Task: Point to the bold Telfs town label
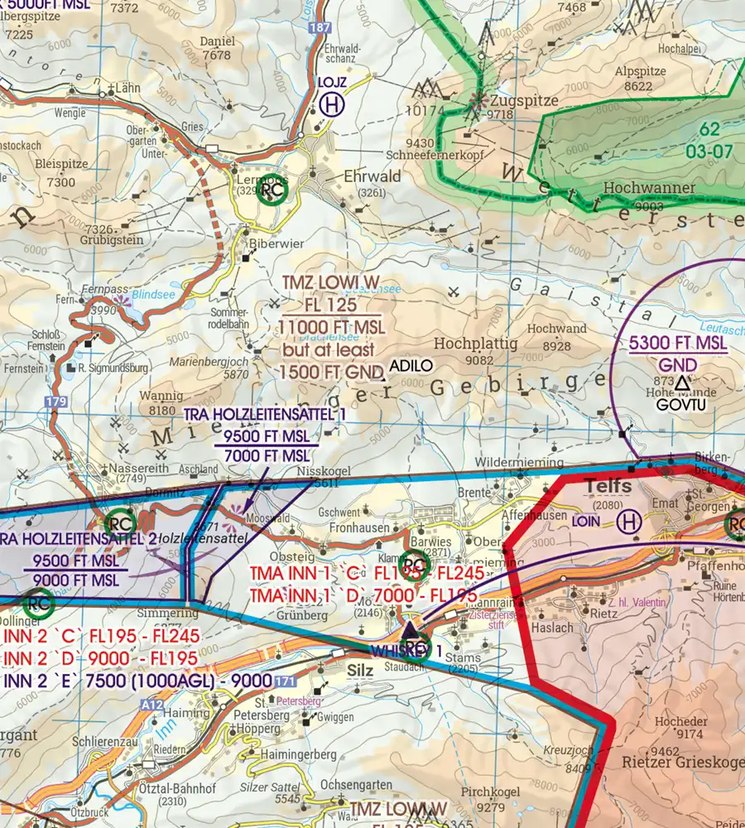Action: (608, 485)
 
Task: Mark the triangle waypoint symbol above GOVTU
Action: (681, 383)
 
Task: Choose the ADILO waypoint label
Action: (411, 365)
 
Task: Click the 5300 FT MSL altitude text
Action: (677, 343)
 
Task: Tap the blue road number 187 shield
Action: (320, 28)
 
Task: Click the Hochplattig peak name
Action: (475, 342)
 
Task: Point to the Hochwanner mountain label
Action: (649, 188)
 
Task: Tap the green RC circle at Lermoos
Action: (272, 193)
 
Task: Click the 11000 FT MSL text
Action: (331, 325)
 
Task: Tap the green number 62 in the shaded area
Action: (709, 129)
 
